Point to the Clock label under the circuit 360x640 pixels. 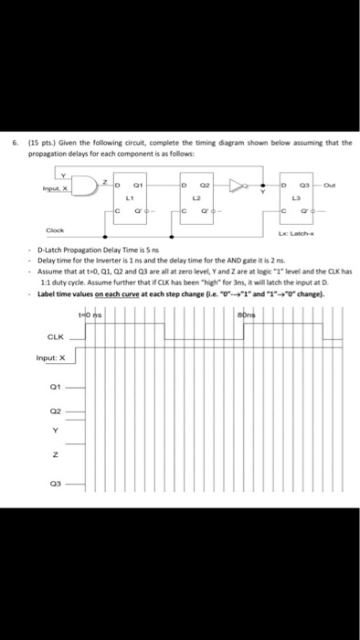[x=55, y=230]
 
